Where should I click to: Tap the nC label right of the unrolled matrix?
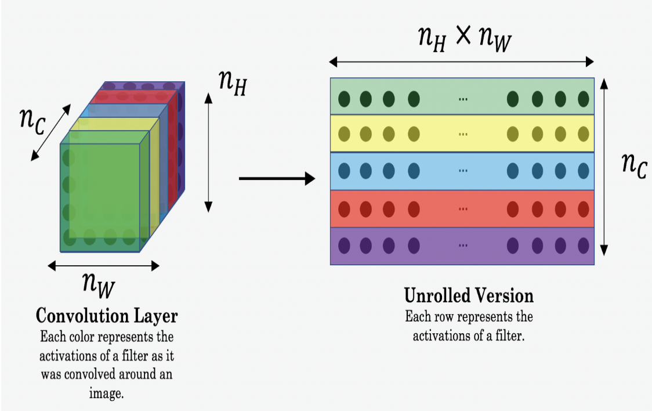click(633, 166)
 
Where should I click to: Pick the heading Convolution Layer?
click(107, 316)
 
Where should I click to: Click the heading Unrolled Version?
click(469, 295)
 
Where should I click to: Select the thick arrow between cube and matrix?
click(277, 179)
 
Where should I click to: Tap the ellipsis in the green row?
click(463, 99)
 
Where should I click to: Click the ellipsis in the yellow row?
click(463, 135)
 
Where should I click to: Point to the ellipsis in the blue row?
click(463, 171)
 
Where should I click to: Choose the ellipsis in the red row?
click(463, 208)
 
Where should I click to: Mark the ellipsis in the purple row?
click(463, 246)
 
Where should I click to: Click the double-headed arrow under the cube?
click(103, 266)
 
